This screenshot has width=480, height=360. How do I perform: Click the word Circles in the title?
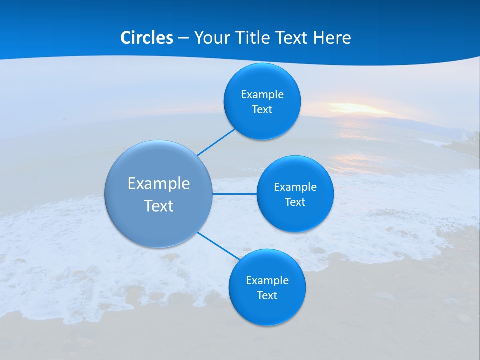[x=147, y=38]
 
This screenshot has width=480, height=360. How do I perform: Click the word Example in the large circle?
[x=159, y=183]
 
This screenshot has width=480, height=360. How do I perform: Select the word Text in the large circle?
[x=159, y=206]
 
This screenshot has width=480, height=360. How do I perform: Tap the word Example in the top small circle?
[x=262, y=95]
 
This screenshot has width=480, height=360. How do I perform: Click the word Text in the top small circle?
[x=262, y=110]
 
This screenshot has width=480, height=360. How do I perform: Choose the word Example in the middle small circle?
[x=295, y=187]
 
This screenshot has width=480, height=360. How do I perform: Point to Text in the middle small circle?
[x=295, y=202]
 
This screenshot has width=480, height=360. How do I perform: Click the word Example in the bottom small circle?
[x=267, y=281]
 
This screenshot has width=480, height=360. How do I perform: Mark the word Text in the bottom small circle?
[x=267, y=296]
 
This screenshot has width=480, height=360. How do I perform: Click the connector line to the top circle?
[x=216, y=142]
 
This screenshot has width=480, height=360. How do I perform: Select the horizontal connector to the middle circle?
[x=235, y=194]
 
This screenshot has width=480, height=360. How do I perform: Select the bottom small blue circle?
[x=267, y=310]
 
